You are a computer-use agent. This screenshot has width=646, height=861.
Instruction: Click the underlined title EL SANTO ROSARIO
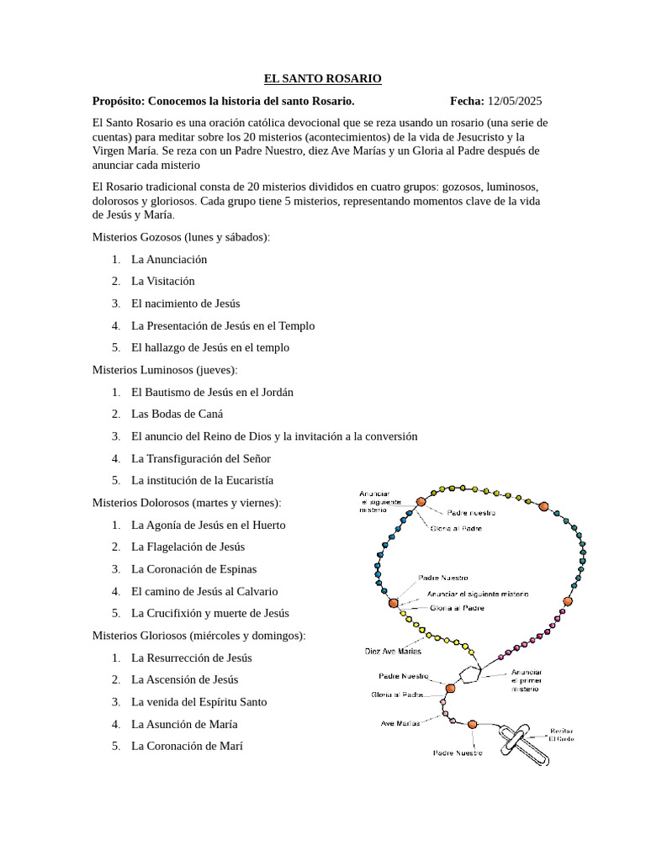pyautogui.click(x=322, y=78)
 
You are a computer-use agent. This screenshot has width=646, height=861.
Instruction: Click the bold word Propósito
pyautogui.click(x=123, y=101)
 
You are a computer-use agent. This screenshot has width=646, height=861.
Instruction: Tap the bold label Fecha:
pyautogui.click(x=467, y=101)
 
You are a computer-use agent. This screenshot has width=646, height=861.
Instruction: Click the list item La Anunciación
pyautogui.click(x=169, y=259)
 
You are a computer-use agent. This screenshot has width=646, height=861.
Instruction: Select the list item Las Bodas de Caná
pyautogui.click(x=177, y=414)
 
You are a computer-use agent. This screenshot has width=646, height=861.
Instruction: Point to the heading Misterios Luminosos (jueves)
pyautogui.click(x=164, y=369)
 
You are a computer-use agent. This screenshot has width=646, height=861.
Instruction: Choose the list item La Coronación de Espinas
pyautogui.click(x=194, y=568)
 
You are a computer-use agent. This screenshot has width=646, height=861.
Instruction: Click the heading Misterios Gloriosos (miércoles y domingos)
pyautogui.click(x=199, y=635)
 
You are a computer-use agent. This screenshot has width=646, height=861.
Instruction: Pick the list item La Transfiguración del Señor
pyautogui.click(x=201, y=458)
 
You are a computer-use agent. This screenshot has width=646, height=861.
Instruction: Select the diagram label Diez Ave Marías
pyautogui.click(x=393, y=650)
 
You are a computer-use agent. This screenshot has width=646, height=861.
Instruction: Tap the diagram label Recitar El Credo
pyautogui.click(x=562, y=735)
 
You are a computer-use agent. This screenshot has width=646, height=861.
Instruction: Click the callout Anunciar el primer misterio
pyautogui.click(x=527, y=680)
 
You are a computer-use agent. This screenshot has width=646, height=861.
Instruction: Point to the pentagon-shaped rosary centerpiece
pyautogui.click(x=469, y=673)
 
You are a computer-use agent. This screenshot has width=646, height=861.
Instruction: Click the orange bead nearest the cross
pyautogui.click(x=472, y=724)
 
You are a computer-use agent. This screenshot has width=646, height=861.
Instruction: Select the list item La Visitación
pyautogui.click(x=163, y=281)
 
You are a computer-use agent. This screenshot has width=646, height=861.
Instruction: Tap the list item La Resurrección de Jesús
pyautogui.click(x=192, y=658)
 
